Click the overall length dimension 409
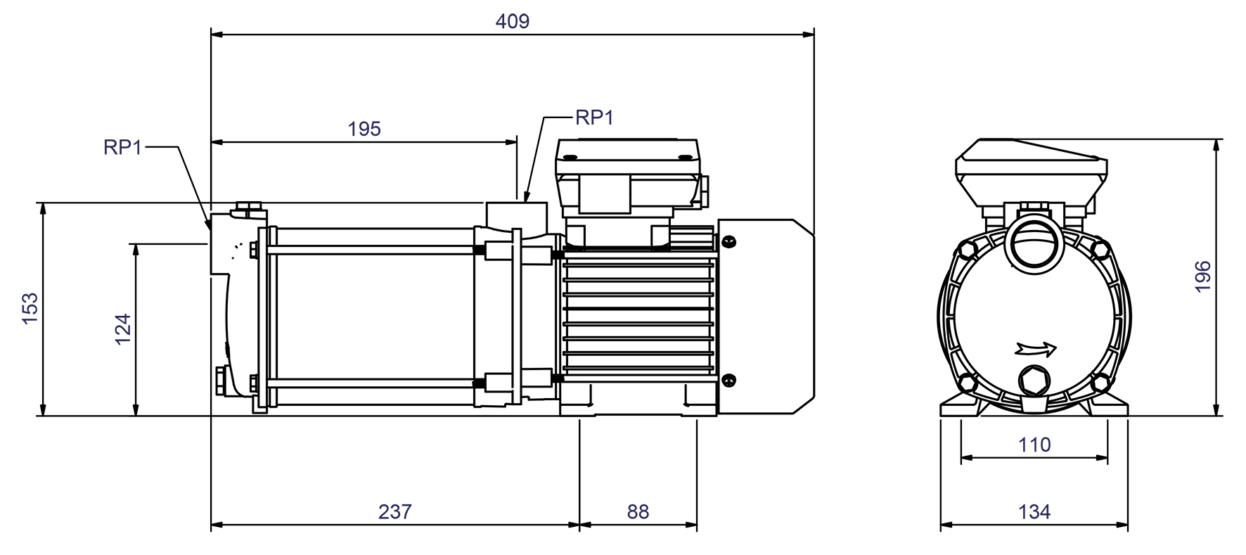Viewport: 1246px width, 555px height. pyautogui.click(x=512, y=21)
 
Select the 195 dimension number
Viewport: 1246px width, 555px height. pyautogui.click(x=364, y=129)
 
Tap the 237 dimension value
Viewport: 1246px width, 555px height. pyautogui.click(x=394, y=511)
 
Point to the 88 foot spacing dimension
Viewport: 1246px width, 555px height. pyautogui.click(x=638, y=511)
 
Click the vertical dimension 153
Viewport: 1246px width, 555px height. pyautogui.click(x=30, y=309)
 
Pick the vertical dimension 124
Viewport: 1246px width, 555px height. pyautogui.click(x=123, y=329)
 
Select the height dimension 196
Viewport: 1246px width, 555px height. pyautogui.click(x=1203, y=276)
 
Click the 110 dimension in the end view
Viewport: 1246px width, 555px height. pyautogui.click(x=1034, y=445)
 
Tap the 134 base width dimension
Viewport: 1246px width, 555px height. pyautogui.click(x=1034, y=511)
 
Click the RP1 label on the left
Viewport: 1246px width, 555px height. pyautogui.click(x=122, y=147)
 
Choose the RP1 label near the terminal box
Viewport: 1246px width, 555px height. pyautogui.click(x=594, y=117)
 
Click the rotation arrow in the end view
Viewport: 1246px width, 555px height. pyautogui.click(x=1036, y=348)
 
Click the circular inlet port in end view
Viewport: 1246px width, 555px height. pyautogui.click(x=1032, y=243)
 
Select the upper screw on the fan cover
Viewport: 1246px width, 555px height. pyautogui.click(x=729, y=241)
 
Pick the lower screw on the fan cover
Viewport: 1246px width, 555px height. pyautogui.click(x=729, y=380)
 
